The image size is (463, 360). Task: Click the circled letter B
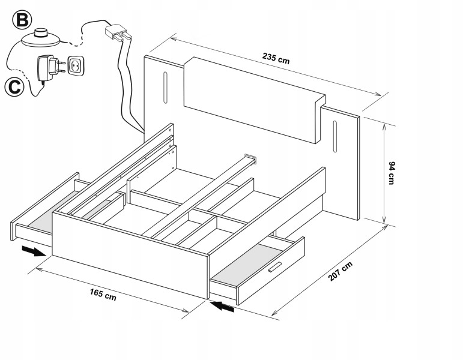pyautogui.click(x=22, y=20)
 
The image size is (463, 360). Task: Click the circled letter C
pyautogui.click(x=14, y=87)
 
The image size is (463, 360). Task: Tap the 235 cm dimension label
pyautogui.click(x=276, y=58)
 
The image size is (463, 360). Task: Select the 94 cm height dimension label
pyautogui.click(x=392, y=173)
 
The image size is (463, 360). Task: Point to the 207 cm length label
pyautogui.click(x=340, y=271)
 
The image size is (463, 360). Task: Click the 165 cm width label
pyautogui.click(x=103, y=295)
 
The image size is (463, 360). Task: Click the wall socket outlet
pyautogui.click(x=76, y=66)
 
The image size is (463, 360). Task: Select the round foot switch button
pyautogui.click(x=41, y=37)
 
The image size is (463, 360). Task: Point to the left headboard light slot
pyautogui.click(x=165, y=88)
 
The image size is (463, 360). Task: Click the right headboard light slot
pyautogui.click(x=335, y=137)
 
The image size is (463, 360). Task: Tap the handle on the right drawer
pyautogui.click(x=275, y=267)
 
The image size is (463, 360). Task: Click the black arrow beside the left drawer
pyautogui.click(x=34, y=252)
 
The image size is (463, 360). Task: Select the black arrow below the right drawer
pyautogui.click(x=222, y=306)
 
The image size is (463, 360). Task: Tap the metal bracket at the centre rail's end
pyautogui.click(x=250, y=158)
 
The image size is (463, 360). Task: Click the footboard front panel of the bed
pyautogui.click(x=130, y=255)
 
